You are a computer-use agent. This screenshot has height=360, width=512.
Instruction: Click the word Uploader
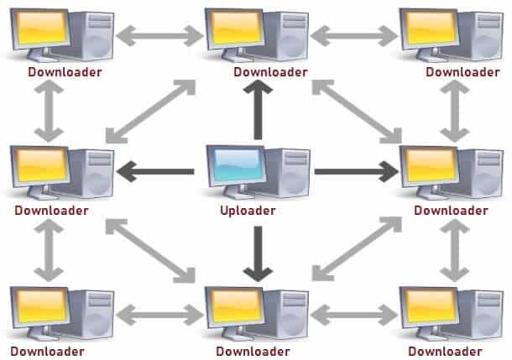tap(248, 211)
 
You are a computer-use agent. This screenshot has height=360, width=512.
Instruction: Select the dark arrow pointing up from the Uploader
tap(258, 110)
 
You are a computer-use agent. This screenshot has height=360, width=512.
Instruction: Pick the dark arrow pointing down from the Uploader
tap(258, 253)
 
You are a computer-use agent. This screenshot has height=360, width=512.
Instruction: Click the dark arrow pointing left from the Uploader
tap(155, 172)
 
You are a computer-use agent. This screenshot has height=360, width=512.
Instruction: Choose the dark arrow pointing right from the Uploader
tap(357, 172)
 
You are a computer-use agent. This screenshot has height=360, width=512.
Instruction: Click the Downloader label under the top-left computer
tap(65, 72)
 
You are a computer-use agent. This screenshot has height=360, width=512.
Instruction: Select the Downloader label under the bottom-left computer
tap(48, 352)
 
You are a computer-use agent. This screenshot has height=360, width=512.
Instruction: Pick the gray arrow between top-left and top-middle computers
tap(159, 36)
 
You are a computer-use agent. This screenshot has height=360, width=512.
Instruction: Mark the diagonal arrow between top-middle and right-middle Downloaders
tap(357, 112)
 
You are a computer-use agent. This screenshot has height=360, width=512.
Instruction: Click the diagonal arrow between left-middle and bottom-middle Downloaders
tap(150, 251)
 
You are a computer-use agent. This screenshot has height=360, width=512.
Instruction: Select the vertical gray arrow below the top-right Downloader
tap(455, 111)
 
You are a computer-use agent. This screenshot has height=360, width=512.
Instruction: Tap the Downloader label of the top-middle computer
tap(271, 72)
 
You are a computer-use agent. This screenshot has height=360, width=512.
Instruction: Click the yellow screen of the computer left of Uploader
tap(41, 165)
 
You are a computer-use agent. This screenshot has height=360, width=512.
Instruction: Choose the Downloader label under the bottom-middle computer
tap(253, 352)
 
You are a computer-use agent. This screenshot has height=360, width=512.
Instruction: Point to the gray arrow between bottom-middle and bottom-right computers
tap(354, 315)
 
